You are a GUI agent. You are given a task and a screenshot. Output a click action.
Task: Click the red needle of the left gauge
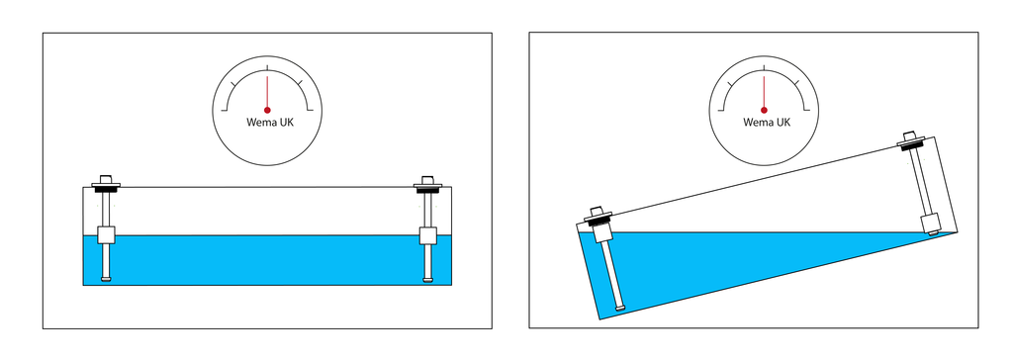coord(267,92)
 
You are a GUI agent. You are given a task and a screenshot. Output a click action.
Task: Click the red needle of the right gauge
coord(764,92)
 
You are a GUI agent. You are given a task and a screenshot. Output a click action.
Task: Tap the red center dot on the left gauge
coord(267,111)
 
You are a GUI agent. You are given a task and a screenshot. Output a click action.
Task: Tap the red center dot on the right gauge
coord(764,111)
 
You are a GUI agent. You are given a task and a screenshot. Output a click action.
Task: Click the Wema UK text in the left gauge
coord(269,123)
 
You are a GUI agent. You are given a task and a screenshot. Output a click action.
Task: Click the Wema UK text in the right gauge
coord(767,123)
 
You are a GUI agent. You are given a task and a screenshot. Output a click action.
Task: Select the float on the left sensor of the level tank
coord(106,235)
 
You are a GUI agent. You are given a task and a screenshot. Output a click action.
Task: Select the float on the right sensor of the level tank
coord(427,235)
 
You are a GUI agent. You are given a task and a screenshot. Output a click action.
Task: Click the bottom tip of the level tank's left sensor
coord(106,279)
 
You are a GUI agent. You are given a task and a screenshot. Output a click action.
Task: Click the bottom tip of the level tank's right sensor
coord(427,279)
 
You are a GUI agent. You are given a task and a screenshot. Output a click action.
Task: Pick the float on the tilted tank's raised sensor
coord(930,224)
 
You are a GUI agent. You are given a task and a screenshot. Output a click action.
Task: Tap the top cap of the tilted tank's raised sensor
coord(910,135)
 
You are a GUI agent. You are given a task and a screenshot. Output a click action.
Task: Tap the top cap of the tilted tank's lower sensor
coord(596,212)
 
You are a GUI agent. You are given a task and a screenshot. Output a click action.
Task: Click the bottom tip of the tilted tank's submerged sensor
coord(619,308)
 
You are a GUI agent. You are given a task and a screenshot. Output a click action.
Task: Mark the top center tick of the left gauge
coord(267,68)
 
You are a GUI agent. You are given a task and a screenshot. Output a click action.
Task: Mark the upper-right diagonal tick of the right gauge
coord(796,83)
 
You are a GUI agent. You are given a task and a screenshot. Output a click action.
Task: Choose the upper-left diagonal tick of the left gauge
coord(233,83)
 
